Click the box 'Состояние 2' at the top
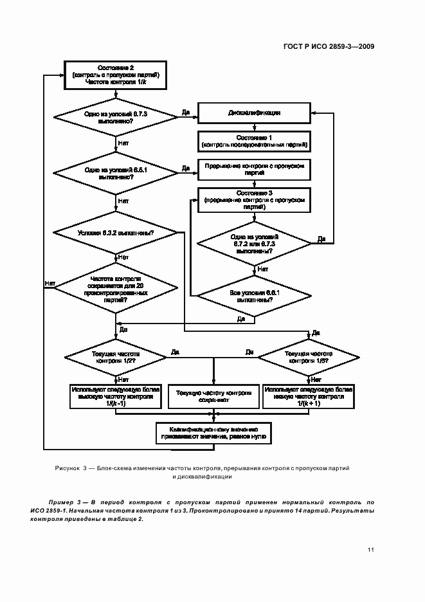pos(116,75)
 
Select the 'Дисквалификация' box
pos(253,113)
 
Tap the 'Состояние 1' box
pos(253,141)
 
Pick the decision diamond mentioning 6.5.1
pos(116,172)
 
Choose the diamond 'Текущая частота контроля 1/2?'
pos(116,357)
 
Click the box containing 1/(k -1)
pos(116,396)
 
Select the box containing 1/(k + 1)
pos(307,396)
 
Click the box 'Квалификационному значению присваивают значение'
pos(213,432)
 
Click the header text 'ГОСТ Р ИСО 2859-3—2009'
pos(329,46)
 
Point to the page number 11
pos(370,549)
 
